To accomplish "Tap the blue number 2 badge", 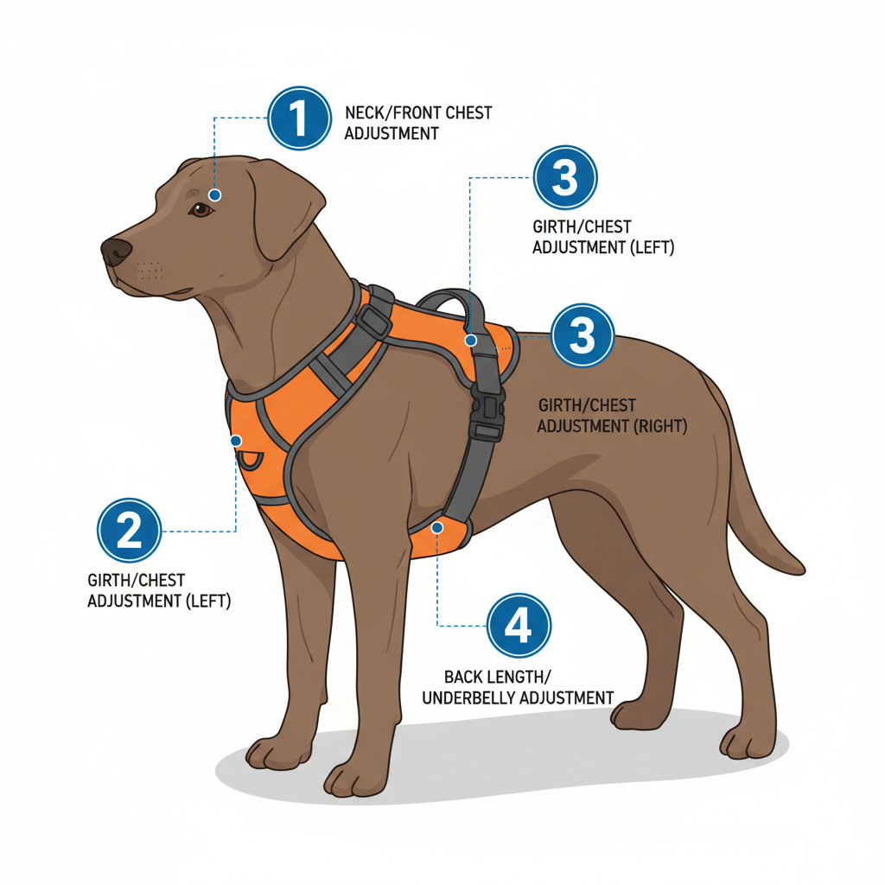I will coord(129,530).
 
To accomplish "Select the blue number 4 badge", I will coord(519,626).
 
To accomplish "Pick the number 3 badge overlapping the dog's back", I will coord(583,335).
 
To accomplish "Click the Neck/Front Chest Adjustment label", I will coord(417,123).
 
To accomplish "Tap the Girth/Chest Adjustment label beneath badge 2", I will coord(159,590).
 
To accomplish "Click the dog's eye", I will coord(201,209).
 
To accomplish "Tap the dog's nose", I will coord(116,251).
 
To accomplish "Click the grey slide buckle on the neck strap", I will coord(372,322).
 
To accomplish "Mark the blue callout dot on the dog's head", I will coord(214,195).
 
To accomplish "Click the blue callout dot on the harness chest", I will coord(235,441).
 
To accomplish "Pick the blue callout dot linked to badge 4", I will coord(438,526).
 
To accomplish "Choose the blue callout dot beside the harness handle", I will coord(470,341).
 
